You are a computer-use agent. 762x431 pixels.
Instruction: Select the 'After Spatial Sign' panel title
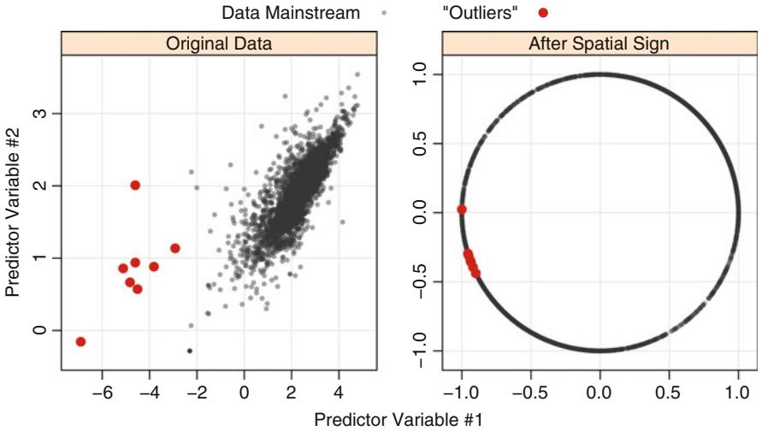point(600,44)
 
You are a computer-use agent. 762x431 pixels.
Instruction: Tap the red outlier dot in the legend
point(542,14)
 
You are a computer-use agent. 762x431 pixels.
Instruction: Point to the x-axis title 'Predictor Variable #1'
point(399,419)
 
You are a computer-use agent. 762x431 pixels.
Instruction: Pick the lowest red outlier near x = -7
point(81,341)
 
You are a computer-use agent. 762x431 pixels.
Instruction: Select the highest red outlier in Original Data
point(135,186)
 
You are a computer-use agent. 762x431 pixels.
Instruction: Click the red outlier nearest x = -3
point(175,248)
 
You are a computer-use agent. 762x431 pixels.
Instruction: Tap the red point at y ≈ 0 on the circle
point(462,210)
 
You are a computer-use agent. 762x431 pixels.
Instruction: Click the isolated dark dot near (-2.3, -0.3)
point(190,351)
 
